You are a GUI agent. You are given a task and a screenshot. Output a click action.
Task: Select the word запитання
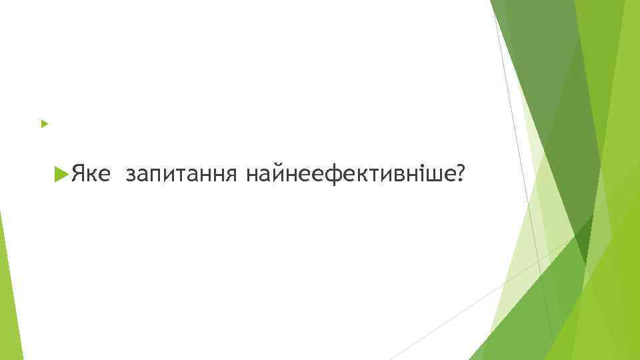click(x=181, y=175)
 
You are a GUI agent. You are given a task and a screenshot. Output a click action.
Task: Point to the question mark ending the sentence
click(x=459, y=175)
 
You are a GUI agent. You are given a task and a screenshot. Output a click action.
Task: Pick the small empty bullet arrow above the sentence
click(x=44, y=124)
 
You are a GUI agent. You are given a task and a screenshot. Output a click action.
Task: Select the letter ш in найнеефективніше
click(x=434, y=175)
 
